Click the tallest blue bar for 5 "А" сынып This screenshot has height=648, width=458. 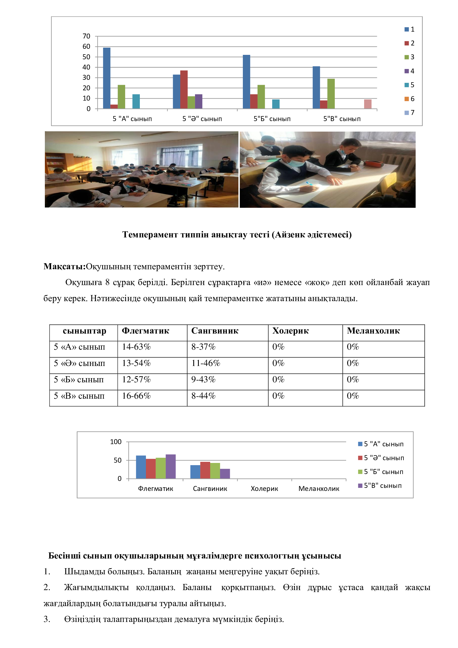coord(107,78)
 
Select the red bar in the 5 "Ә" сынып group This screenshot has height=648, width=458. coord(184,89)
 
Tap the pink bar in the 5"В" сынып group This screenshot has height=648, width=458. coord(367,104)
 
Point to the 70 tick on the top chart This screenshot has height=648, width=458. coord(86,36)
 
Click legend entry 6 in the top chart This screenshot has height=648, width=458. coord(410,99)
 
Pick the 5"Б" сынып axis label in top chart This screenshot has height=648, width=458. coord(272,119)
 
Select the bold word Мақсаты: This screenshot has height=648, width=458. coord(64,267)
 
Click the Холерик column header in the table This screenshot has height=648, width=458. coord(290,331)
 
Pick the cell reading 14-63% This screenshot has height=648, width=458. coord(136,347)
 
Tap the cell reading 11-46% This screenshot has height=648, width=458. coord(205,363)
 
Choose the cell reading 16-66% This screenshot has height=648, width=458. coord(136,396)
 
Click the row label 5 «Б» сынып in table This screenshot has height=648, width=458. coord(79,380)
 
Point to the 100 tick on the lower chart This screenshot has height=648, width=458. coord(116,442)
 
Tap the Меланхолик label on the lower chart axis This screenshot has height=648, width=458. coord(319,488)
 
